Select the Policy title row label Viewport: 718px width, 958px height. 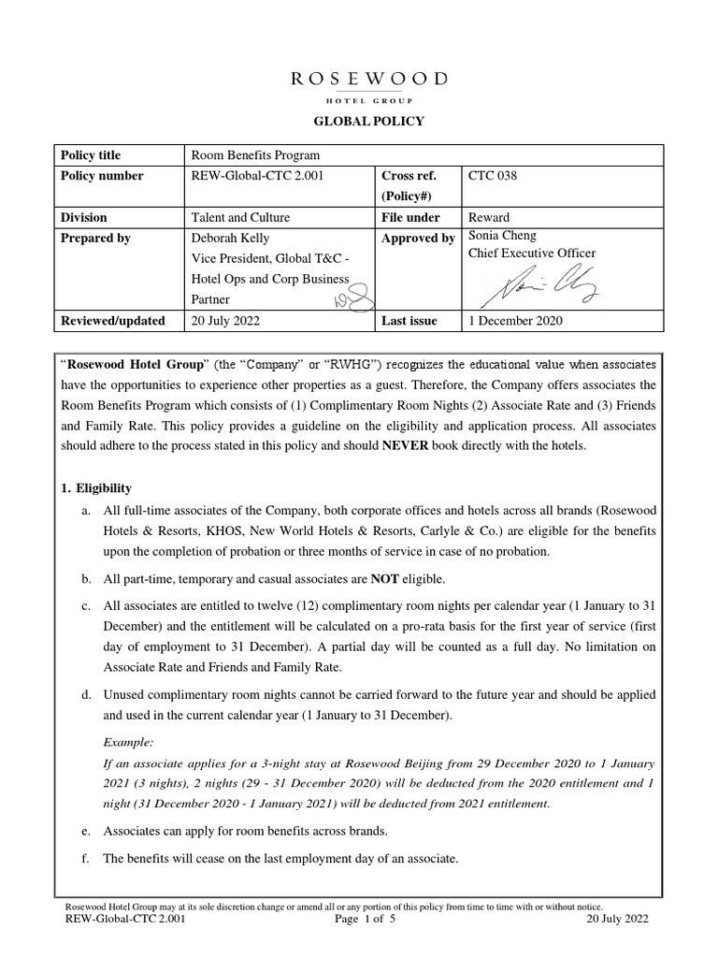(91, 155)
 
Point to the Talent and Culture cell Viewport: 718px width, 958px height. (240, 217)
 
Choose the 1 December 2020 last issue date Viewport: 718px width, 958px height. (515, 321)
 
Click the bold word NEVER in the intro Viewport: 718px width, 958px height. (404, 445)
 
